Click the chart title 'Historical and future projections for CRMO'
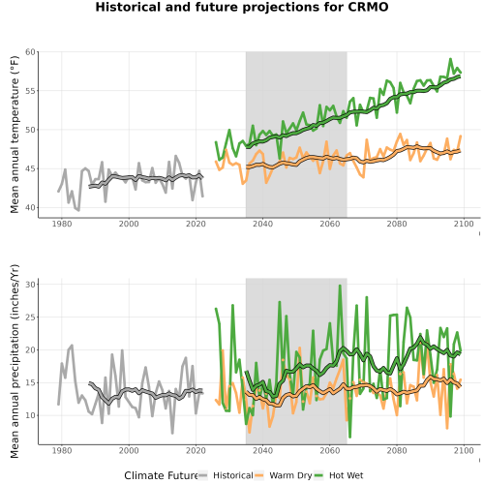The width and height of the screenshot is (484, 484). pyautogui.click(x=242, y=7)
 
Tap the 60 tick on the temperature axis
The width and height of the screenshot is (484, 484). pyautogui.click(x=30, y=52)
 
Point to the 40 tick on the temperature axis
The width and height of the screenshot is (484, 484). pyautogui.click(x=30, y=207)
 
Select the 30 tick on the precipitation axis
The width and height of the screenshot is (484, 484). pyautogui.click(x=30, y=285)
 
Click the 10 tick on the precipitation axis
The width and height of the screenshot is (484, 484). pyautogui.click(x=30, y=415)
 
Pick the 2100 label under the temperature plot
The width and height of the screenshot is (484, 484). pyautogui.click(x=464, y=224)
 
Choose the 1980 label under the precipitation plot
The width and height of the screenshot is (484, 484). pyautogui.click(x=62, y=450)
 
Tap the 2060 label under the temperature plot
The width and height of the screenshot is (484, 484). pyautogui.click(x=330, y=224)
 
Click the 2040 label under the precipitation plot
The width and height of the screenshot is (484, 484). pyautogui.click(x=262, y=450)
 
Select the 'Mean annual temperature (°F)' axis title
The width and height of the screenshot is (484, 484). pyautogui.click(x=15, y=135)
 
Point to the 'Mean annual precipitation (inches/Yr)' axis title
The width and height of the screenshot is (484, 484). pyautogui.click(x=15, y=361)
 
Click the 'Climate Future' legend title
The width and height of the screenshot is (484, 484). pyautogui.click(x=161, y=475)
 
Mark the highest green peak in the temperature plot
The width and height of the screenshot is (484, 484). pyautogui.click(x=450, y=59)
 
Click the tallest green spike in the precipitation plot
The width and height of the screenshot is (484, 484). pyautogui.click(x=340, y=286)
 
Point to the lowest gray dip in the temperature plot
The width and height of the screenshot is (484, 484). pyautogui.click(x=78, y=210)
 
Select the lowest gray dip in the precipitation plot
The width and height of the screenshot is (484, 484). pyautogui.click(x=172, y=433)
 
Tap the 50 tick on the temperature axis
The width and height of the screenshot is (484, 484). pyautogui.click(x=30, y=130)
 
